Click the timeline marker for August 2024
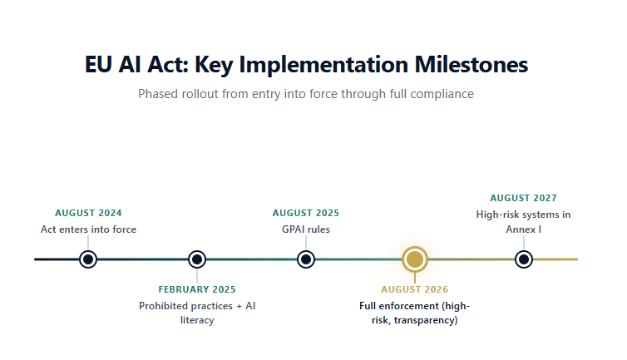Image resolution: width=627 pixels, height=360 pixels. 88,259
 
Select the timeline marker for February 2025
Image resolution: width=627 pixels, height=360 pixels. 197,259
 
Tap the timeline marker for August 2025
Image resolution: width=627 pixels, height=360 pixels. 306,259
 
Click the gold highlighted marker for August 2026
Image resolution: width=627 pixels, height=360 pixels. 414,259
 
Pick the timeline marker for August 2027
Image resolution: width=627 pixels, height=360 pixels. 523,259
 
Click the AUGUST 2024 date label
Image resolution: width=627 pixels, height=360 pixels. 88,213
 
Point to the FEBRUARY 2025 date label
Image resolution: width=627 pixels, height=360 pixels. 197,289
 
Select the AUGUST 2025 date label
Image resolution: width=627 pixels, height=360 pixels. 306,213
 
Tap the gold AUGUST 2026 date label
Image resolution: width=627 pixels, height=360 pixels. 414,289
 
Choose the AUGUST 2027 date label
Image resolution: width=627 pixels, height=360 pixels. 523,198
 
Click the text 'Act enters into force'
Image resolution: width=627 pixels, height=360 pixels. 88,229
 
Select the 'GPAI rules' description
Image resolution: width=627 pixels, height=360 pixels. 306,229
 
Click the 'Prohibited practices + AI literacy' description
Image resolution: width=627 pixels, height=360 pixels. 197,313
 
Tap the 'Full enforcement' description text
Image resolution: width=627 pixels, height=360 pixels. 414,313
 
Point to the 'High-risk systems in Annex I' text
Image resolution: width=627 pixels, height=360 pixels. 523,221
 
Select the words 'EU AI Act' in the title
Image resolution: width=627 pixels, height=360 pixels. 132,64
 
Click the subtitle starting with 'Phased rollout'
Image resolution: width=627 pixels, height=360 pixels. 305,94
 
